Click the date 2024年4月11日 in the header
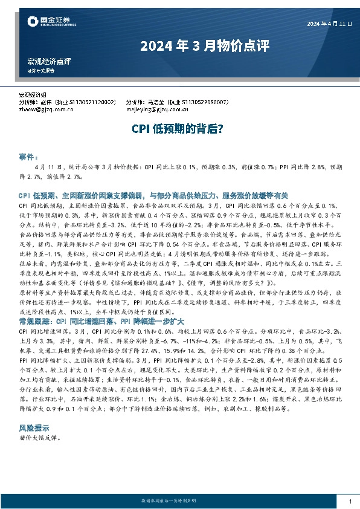click(329, 24)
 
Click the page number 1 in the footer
click(350, 501)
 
